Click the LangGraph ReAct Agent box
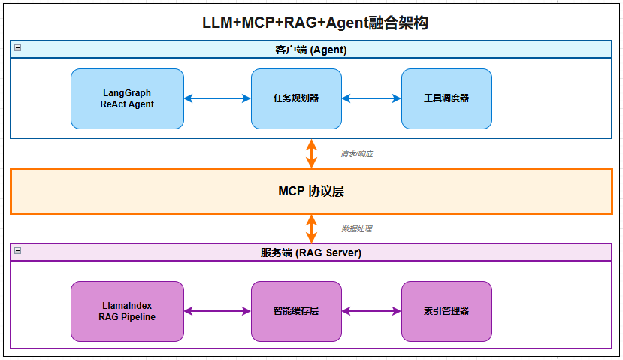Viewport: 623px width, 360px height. click(127, 98)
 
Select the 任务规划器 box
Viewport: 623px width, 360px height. click(296, 98)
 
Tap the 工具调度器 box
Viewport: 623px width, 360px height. click(446, 98)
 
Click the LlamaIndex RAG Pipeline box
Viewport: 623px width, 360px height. click(127, 311)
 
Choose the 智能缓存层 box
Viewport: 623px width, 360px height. click(296, 311)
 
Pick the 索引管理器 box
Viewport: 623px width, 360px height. click(446, 311)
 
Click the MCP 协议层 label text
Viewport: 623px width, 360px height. click(311, 191)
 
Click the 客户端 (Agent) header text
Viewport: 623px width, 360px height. click(310, 50)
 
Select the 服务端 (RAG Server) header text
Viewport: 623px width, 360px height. click(310, 253)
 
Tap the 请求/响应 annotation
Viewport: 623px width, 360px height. click(356, 153)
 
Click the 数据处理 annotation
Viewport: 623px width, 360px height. click(356, 228)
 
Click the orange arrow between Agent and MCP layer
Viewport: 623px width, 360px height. click(311, 153)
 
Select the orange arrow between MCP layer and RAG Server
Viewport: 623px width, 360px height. click(311, 228)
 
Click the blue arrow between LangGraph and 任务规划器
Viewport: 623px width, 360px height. click(217, 98)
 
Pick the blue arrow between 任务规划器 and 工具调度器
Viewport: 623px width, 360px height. click(371, 98)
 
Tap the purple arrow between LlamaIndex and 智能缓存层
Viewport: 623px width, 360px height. click(217, 311)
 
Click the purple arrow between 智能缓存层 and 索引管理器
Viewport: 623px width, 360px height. click(371, 311)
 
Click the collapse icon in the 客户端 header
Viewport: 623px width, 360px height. click(17, 48)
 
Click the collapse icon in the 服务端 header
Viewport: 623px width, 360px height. click(17, 251)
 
